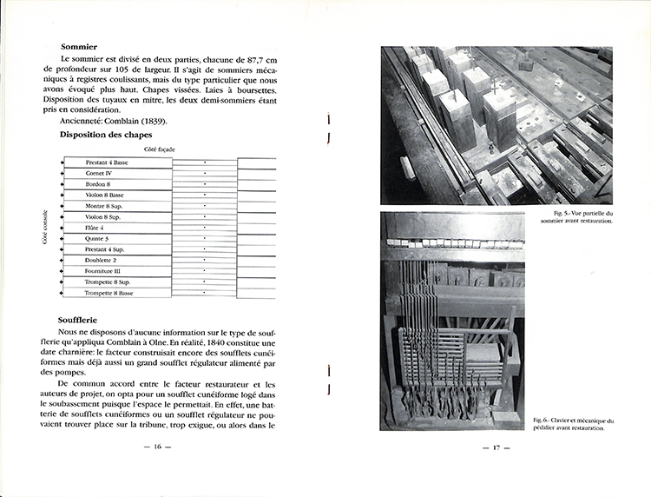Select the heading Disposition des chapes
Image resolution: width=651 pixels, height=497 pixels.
106,135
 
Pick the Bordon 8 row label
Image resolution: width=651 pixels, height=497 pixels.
98,184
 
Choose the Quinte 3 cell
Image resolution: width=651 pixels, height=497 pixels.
97,238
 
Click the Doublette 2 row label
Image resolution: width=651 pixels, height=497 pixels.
101,260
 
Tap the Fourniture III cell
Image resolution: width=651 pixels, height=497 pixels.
102,271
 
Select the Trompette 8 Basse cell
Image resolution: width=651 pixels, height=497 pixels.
108,293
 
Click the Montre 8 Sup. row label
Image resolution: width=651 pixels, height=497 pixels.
103,206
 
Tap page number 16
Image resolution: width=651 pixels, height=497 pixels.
157,447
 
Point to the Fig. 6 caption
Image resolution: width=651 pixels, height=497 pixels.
573,423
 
